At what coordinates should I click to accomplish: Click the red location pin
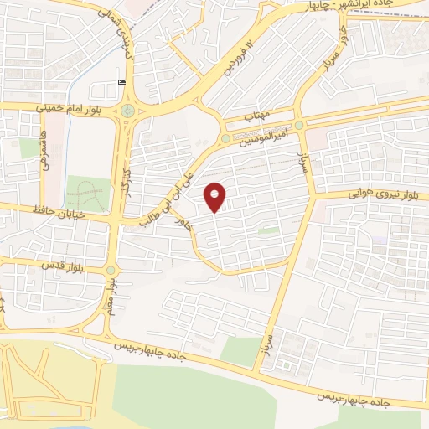(x=215, y=197)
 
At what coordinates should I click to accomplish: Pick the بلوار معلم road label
(x=111, y=299)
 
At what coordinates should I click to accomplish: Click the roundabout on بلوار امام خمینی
(x=127, y=110)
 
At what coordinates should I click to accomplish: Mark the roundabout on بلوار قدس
(x=111, y=270)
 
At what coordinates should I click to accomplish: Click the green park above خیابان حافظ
(x=87, y=194)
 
